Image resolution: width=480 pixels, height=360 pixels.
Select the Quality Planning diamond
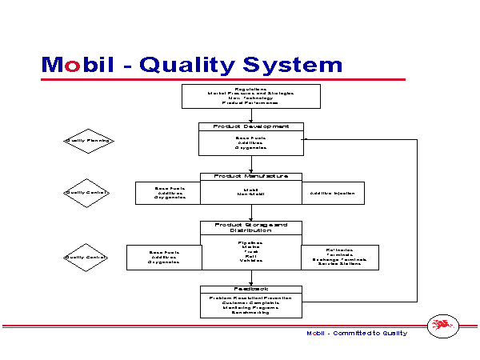(x=87, y=141)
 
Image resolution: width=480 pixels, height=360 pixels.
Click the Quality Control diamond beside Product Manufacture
(x=87, y=192)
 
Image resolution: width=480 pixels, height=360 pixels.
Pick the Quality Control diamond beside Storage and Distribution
(x=87, y=257)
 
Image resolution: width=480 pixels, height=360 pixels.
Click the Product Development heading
(x=250, y=126)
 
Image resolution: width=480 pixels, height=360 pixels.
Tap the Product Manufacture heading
(x=250, y=176)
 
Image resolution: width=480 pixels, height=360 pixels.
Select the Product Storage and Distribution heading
(x=250, y=228)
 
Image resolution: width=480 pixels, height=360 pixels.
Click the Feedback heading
(x=250, y=289)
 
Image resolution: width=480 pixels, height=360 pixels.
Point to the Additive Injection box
(x=333, y=193)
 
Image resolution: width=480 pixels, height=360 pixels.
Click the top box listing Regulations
(x=251, y=96)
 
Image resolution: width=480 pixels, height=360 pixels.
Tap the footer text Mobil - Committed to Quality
(x=357, y=333)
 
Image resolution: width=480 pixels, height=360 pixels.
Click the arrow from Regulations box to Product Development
(x=251, y=114)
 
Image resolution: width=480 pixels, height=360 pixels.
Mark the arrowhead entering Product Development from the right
(x=306, y=140)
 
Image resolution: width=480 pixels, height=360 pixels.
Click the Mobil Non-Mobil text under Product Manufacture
(x=250, y=192)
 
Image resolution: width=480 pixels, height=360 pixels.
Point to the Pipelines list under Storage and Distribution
(x=250, y=250)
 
